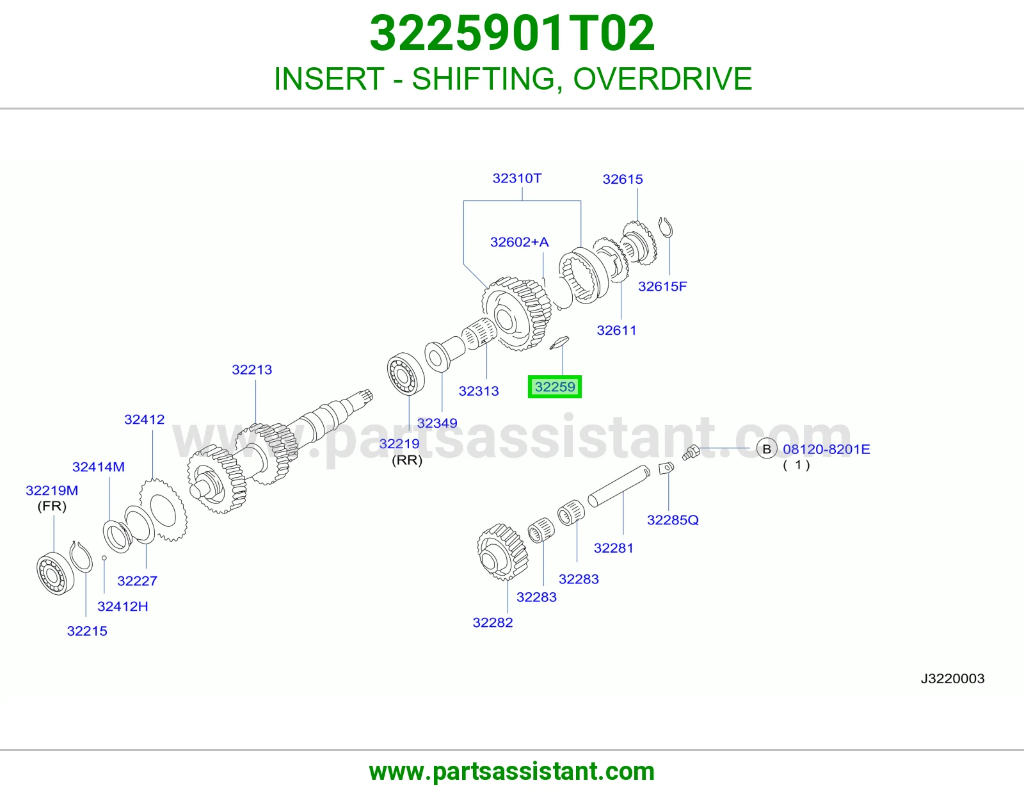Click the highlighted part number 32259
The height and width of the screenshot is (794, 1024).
[x=555, y=387]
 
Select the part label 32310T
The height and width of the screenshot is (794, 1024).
[x=517, y=178]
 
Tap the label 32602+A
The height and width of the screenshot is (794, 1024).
[x=519, y=242]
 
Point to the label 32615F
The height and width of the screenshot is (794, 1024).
[x=662, y=286]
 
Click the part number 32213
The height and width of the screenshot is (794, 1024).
[x=252, y=369]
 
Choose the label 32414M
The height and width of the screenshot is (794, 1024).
[x=98, y=467]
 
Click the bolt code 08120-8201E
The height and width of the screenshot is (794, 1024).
[x=826, y=450]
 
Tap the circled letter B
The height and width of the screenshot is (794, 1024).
[x=766, y=449]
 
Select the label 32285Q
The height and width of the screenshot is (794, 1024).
[x=673, y=520]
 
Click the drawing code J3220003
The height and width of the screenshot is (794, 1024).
[x=952, y=679]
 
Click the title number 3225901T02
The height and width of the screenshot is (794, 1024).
[x=512, y=33]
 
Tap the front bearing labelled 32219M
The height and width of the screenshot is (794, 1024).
[x=56, y=573]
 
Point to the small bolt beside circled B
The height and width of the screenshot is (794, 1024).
[x=691, y=453]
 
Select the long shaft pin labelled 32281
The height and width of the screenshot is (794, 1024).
[x=619, y=485]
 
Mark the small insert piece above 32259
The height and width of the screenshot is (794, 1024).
[x=559, y=343]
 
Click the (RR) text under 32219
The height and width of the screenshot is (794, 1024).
[x=407, y=460]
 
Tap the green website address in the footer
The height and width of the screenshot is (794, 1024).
[x=512, y=772]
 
